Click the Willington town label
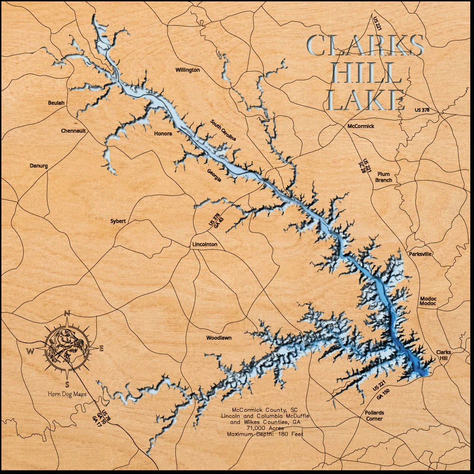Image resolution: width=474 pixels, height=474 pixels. [x=187, y=70]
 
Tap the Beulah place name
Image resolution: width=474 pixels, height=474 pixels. [x=57, y=103]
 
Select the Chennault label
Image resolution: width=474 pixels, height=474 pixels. [x=73, y=131]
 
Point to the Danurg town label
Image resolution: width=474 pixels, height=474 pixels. [x=39, y=166]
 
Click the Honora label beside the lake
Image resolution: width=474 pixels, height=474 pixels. [x=163, y=134]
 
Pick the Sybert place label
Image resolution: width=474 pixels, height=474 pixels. [x=118, y=221]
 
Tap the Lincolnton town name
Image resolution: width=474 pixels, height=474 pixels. [x=205, y=245]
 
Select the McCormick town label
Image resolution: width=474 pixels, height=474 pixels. [x=361, y=126]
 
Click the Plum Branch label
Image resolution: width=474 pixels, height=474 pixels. [x=384, y=177]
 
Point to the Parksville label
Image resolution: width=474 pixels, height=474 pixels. [x=421, y=254]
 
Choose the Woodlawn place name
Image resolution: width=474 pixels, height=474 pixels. [x=219, y=338]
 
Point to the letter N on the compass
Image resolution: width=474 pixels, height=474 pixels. [x=67, y=313]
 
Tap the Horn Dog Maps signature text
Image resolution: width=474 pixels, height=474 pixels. [x=67, y=394]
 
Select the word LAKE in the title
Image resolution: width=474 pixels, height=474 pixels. [x=365, y=100]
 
